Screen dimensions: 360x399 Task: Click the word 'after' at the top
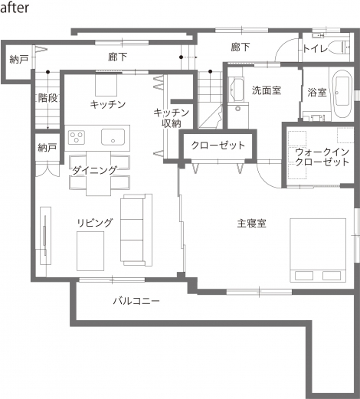tap(15, 8)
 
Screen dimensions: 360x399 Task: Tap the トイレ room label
tap(316, 49)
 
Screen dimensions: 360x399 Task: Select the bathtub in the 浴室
tap(342, 93)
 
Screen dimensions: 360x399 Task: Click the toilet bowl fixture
tap(339, 47)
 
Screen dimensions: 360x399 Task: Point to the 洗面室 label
tap(267, 90)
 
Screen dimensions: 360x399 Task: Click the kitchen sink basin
tap(113, 137)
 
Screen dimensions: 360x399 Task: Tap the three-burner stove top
tap(77, 137)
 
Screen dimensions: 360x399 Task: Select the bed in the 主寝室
tap(318, 250)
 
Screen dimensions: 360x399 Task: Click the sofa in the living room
tap(136, 230)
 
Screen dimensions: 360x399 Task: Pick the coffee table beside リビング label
tap(90, 251)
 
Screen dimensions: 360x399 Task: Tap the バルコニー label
tap(136, 301)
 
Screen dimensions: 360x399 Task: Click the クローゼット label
tap(218, 146)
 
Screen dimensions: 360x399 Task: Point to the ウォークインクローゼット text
tap(322, 157)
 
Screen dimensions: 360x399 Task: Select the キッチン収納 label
tap(172, 118)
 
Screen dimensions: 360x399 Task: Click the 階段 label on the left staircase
tap(48, 98)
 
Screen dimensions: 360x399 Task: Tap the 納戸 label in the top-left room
tap(19, 59)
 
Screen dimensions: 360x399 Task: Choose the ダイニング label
tap(95, 170)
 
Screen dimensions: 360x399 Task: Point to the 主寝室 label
tap(252, 224)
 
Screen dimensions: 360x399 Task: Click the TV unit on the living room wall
tap(45, 236)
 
